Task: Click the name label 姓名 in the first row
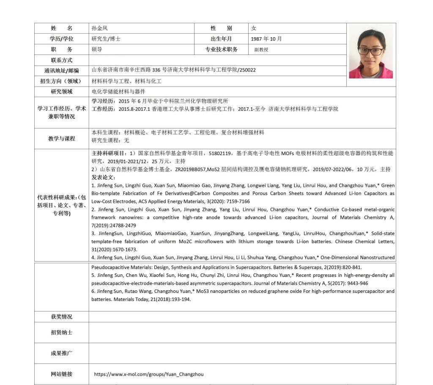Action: coord(62,28)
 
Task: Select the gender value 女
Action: coord(254,28)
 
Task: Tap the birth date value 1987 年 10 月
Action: coord(266,39)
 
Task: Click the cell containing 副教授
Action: coord(261,49)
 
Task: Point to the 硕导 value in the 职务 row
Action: coord(97,49)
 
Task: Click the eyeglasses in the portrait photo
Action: coord(370,51)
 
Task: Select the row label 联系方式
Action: coord(62,60)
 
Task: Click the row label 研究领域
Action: coord(62,92)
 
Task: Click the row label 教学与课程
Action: coord(62,139)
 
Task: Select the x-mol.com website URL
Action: coord(148,374)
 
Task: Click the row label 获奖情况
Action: coord(62,317)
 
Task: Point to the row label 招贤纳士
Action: coord(62,333)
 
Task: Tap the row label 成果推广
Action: coord(62,353)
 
